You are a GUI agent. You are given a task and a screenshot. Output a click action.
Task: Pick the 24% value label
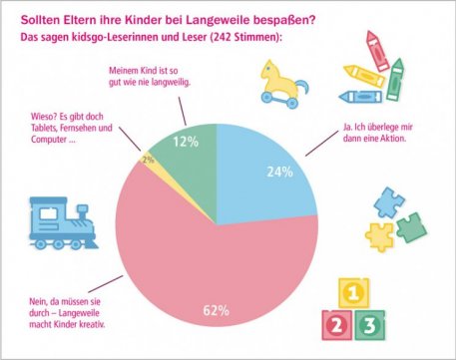(279, 173)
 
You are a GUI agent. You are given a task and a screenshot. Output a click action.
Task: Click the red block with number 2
(335, 324)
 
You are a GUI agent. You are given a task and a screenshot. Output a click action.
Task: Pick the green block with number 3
(372, 324)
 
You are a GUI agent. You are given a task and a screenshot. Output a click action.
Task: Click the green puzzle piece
(410, 227)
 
